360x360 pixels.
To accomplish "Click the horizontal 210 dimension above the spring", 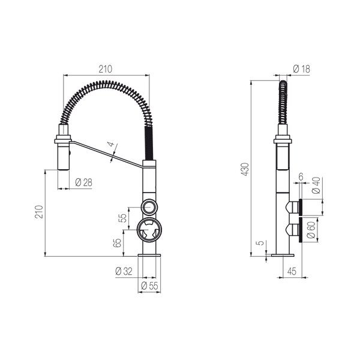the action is pos(106,69).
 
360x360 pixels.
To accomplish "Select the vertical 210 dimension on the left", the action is pos(39,212).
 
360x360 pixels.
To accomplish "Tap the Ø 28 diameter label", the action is pos(83,182).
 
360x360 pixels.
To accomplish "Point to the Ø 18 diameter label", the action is pos(301,68).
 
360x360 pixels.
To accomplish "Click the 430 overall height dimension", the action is pos(245,169).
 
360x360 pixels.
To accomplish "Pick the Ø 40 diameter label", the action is pos(316,185).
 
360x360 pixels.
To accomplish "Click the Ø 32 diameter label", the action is pos(124,271).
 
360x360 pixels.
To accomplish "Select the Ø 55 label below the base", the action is pos(149,286).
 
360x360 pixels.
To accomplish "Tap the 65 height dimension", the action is pos(117,243).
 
